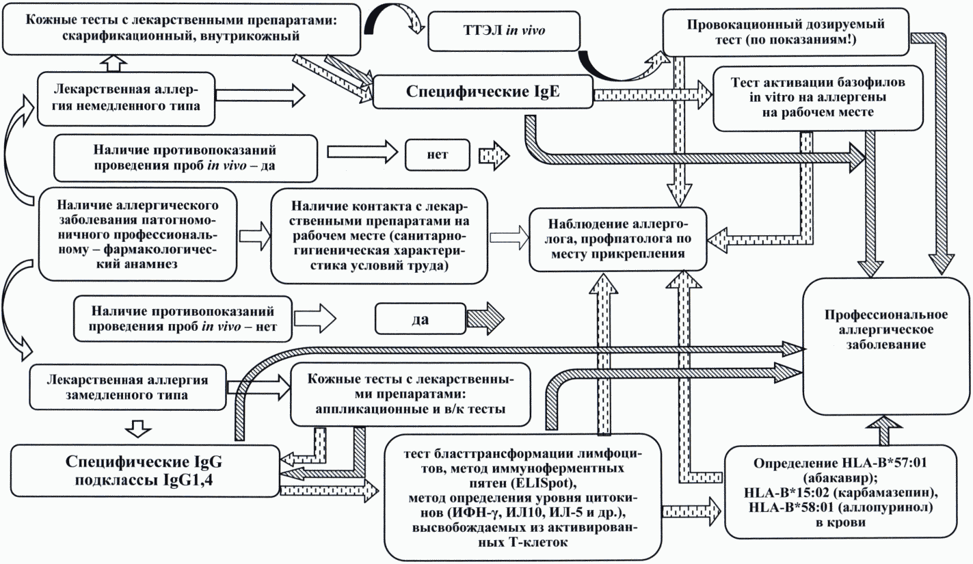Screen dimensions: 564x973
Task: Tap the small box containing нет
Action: tap(436, 155)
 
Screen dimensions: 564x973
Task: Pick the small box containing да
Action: tap(416, 318)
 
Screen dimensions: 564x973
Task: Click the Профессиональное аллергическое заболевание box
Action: tap(885, 330)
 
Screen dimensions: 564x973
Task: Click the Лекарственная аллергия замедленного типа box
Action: tap(127, 386)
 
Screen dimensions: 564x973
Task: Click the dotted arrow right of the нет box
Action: tap(494, 155)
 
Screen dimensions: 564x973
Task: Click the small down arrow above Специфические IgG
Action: tap(139, 429)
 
